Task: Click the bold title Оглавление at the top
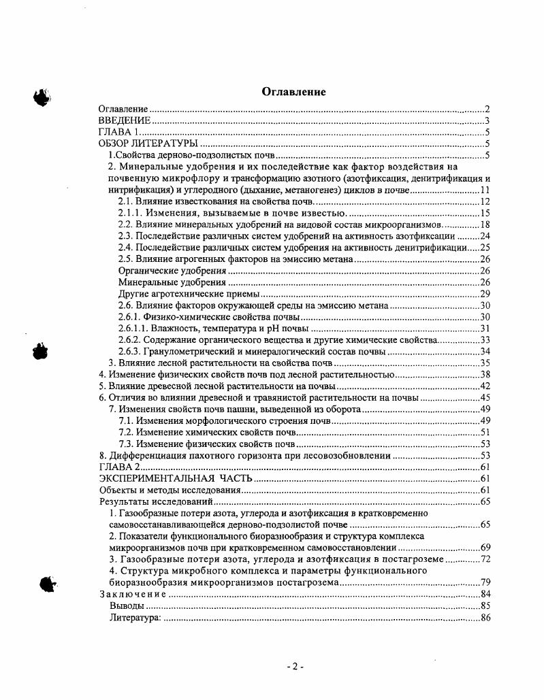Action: (x=294, y=92)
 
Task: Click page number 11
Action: (x=485, y=190)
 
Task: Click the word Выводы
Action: (x=127, y=605)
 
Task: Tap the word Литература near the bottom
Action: (x=135, y=617)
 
